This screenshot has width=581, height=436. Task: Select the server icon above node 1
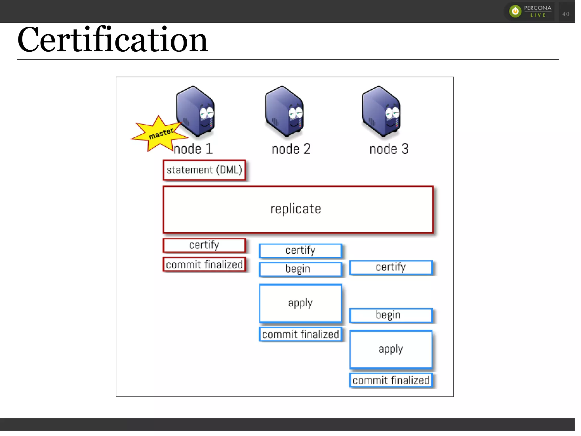coord(195,111)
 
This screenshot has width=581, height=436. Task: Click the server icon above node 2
coord(284,111)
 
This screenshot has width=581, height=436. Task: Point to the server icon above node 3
coord(381,111)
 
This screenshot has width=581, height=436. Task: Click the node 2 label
coord(291,149)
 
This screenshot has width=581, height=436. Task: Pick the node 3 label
coord(389,149)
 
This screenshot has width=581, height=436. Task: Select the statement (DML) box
coord(204,170)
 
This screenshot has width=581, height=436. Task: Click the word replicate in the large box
coord(296,209)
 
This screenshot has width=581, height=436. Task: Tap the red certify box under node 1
coord(204,245)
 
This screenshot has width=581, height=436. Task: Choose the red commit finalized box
coord(204,265)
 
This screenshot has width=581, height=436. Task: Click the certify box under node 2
coord(300,250)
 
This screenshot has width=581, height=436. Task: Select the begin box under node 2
coord(300,269)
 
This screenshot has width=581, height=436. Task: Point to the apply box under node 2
coord(300,303)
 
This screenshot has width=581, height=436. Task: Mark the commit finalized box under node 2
coord(300,334)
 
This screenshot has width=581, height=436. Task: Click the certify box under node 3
coord(391,267)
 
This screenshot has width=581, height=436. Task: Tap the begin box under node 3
coord(391,315)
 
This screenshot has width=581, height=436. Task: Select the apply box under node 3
coord(391,349)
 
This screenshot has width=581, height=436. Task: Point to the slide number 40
coord(566,14)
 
